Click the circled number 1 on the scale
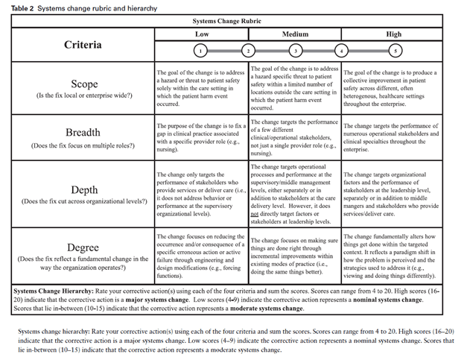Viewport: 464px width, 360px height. tap(200, 51)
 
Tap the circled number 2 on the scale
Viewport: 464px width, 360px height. tap(248, 51)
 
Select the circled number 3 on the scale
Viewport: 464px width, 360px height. tap(295, 51)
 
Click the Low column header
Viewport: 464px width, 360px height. tap(201, 34)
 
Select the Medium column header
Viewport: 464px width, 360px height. tap(295, 34)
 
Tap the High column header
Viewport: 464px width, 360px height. tap(393, 34)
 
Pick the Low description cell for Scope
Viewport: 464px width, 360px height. tap(201, 88)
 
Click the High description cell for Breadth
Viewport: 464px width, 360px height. tap(393, 137)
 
